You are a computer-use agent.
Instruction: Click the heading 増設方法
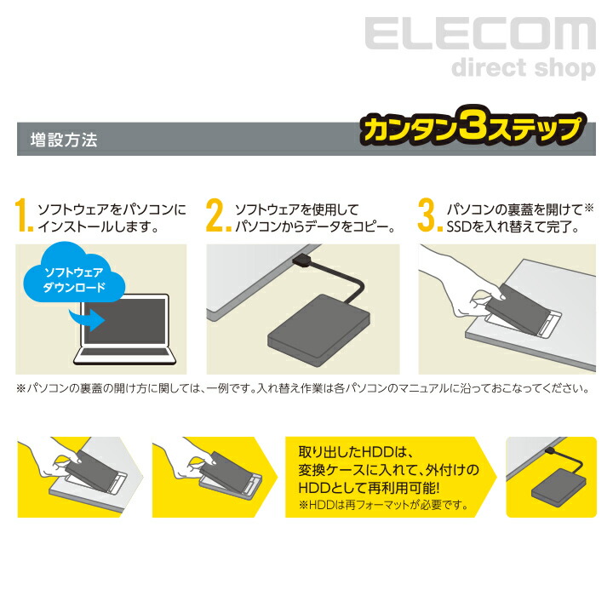63,140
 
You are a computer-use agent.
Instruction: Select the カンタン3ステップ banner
473,131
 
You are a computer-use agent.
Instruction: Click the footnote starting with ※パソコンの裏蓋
302,388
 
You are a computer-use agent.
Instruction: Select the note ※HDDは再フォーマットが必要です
383,505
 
